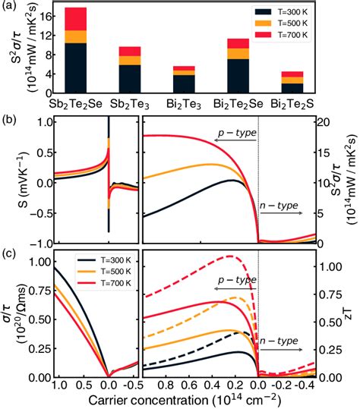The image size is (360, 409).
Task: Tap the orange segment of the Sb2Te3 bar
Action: coord(131,60)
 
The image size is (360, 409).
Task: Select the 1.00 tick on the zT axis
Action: coord(325,267)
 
